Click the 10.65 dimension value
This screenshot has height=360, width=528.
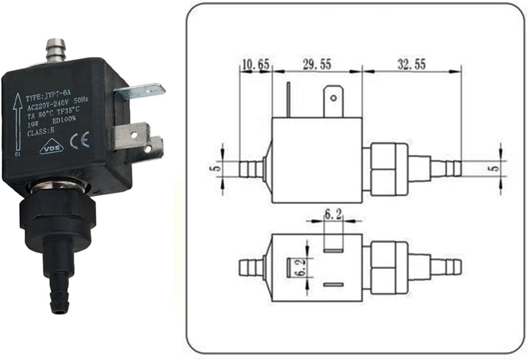[255, 64]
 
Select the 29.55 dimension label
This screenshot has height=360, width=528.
[317, 64]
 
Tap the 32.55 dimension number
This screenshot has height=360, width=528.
[411, 64]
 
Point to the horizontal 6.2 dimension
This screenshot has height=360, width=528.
[333, 215]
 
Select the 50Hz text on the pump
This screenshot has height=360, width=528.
[80, 101]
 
